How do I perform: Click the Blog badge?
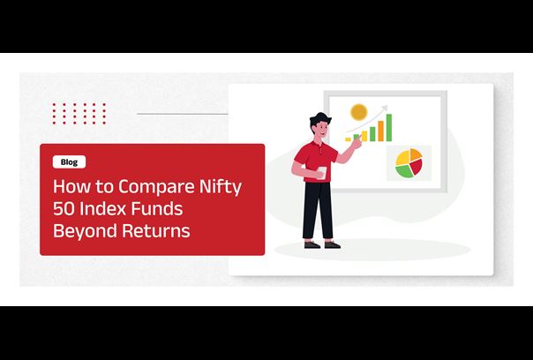pyautogui.click(x=69, y=162)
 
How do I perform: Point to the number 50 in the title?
pyautogui.click(x=64, y=209)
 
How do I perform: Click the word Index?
pyautogui.click(x=102, y=208)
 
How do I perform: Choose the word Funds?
pyautogui.click(x=157, y=208)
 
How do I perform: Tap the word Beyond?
pyautogui.click(x=85, y=231)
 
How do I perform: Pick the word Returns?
pyautogui.click(x=155, y=230)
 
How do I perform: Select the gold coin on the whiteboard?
pyautogui.click(x=359, y=112)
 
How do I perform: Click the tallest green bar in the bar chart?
pyautogui.click(x=389, y=127)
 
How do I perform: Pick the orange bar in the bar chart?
pyautogui.click(x=380, y=131)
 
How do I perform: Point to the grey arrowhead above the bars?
pyautogui.click(x=385, y=109)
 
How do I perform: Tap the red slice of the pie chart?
pyautogui.click(x=417, y=167)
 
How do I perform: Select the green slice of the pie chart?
pyautogui.click(x=404, y=171)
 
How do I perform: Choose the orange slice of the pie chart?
pyautogui.click(x=416, y=154)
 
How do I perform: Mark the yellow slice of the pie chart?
pyautogui.click(x=402, y=158)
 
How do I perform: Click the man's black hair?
pyautogui.click(x=319, y=118)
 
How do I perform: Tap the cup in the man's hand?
pyautogui.click(x=321, y=172)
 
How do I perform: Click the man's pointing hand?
pyautogui.click(x=356, y=143)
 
